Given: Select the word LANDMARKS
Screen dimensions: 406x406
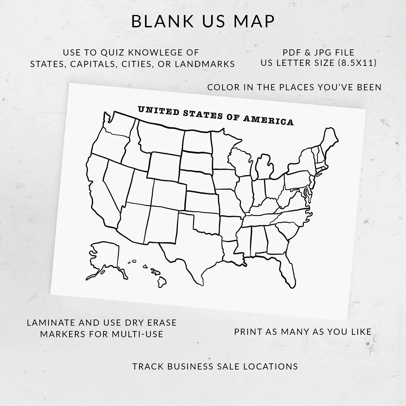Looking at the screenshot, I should (x=205, y=64).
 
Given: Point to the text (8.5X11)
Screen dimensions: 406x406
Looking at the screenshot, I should (x=357, y=63).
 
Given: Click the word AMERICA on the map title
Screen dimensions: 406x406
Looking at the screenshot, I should (x=268, y=120).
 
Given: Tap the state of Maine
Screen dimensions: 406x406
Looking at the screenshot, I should (x=329, y=141).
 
